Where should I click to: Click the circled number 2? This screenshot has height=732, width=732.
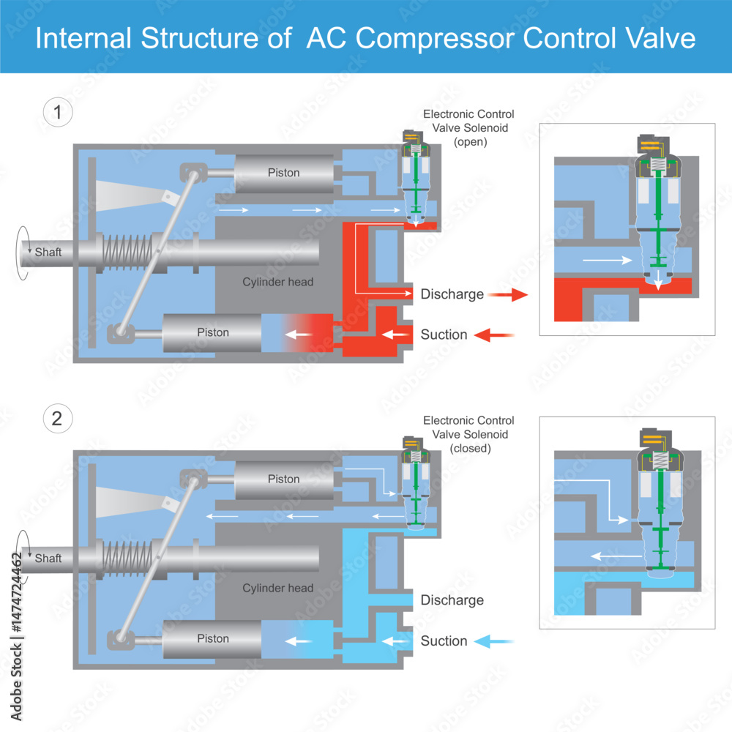pyautogui.click(x=58, y=419)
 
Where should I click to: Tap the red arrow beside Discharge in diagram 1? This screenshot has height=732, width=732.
pyautogui.click(x=507, y=295)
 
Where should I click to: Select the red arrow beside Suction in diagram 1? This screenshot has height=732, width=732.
pyautogui.click(x=494, y=335)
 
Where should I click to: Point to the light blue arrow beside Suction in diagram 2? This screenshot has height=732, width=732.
pyautogui.click(x=494, y=641)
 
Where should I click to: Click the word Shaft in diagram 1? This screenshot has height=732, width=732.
pyautogui.click(x=48, y=252)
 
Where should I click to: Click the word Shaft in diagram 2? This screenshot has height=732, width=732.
pyautogui.click(x=48, y=558)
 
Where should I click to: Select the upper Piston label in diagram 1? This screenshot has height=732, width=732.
pyautogui.click(x=283, y=173)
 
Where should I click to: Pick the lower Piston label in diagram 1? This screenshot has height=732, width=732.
pyautogui.click(x=213, y=332)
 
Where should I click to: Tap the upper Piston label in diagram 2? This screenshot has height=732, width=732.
pyautogui.click(x=283, y=479)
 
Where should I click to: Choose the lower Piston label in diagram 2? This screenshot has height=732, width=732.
pyautogui.click(x=213, y=638)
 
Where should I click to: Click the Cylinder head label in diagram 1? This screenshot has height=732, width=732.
pyautogui.click(x=278, y=282)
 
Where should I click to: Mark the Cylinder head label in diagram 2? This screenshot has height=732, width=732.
pyautogui.click(x=278, y=588)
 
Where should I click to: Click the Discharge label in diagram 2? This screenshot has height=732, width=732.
pyautogui.click(x=452, y=600)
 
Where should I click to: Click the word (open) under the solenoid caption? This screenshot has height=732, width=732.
pyautogui.click(x=469, y=142)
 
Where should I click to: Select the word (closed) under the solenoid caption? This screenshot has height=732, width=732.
pyautogui.click(x=469, y=448)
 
